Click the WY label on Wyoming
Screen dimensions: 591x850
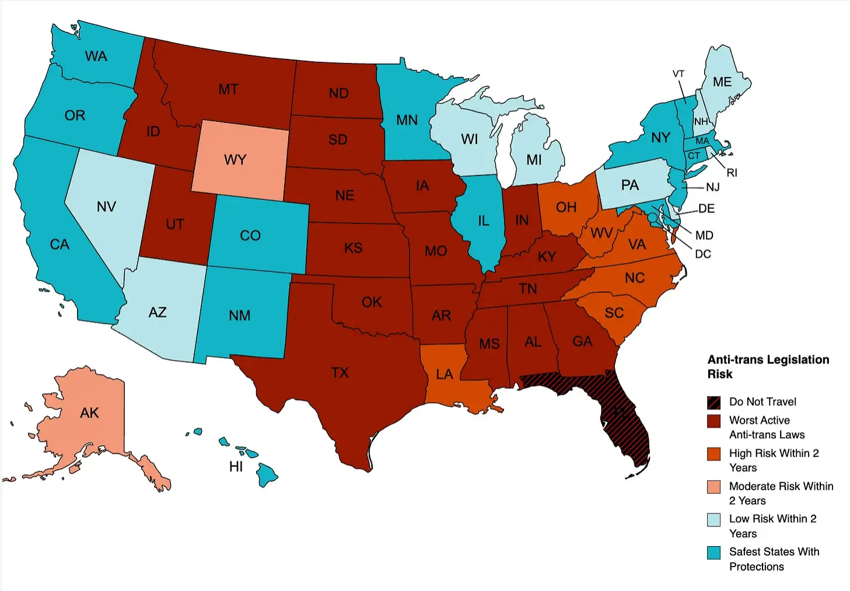[235, 160]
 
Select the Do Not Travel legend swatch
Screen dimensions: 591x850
[713, 402]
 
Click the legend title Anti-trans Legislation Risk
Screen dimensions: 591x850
[768, 366]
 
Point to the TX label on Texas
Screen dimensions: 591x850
[340, 372]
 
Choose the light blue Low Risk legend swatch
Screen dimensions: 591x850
[713, 520]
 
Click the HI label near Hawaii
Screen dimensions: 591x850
[236, 467]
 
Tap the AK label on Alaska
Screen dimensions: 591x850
[89, 413]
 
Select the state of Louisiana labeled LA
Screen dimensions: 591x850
[445, 374]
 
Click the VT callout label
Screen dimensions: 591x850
[678, 74]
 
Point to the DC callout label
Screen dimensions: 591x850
[702, 254]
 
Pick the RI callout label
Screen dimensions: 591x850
[732, 173]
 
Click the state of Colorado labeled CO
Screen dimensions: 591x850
[250, 236]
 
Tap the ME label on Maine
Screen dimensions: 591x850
[722, 82]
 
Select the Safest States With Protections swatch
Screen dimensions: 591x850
[713, 552]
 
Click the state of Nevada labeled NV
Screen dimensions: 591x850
[106, 207]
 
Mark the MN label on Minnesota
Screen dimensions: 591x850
[407, 120]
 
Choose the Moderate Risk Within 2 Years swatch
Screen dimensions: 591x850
[713, 487]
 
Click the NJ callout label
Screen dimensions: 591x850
[712, 187]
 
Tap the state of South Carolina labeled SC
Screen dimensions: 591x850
[614, 313]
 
